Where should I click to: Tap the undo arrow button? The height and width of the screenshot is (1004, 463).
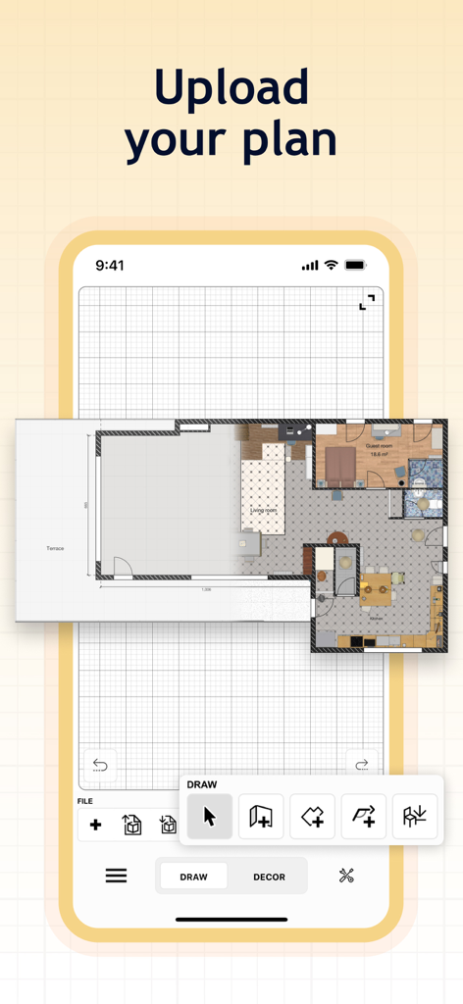coord(100,765)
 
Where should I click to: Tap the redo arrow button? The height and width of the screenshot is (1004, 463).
coord(362,765)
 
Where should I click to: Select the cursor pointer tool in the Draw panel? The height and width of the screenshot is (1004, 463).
coord(210,817)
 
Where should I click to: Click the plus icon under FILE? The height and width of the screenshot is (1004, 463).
coord(95,825)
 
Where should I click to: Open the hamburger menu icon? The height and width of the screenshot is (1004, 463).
coord(116,876)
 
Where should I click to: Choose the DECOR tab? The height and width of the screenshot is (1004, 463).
coord(269,877)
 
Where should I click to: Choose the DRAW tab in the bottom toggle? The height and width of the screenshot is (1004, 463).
coord(194,877)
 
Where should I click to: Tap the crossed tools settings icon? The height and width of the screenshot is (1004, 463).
coord(346,876)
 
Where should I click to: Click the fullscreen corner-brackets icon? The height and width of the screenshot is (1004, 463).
coord(367,302)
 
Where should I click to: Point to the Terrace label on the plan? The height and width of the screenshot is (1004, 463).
coord(55,548)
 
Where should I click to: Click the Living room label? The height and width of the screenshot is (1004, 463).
coord(264,511)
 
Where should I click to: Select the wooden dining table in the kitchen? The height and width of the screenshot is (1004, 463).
coord(376,590)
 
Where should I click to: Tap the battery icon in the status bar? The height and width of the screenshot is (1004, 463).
coord(355,265)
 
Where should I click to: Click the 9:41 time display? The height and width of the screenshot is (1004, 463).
coord(110,265)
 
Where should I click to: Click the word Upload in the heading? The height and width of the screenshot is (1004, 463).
coord(231,87)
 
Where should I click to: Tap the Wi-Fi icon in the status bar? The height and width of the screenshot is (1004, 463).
coord(332,265)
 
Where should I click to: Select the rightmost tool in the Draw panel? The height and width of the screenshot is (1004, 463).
coord(415,817)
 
